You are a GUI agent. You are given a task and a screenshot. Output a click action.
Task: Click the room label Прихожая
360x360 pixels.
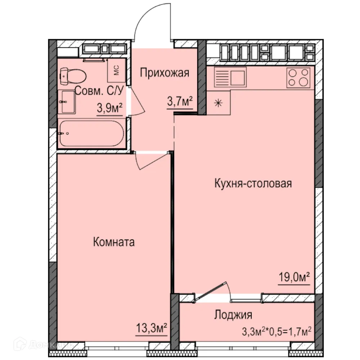click(164, 73)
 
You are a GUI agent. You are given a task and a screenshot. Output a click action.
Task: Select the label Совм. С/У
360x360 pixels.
click(99, 91)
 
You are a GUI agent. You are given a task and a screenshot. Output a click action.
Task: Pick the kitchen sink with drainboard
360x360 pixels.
click(230, 77)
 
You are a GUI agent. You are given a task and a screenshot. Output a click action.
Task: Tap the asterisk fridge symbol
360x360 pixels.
click(218, 103)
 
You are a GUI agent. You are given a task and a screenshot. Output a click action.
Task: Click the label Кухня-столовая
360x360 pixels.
click(253, 184)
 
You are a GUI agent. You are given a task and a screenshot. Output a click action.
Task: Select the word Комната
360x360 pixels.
click(114, 242)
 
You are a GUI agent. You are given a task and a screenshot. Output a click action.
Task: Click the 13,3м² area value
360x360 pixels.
click(151, 329)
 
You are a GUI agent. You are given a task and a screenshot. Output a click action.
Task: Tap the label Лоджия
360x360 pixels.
click(233, 315)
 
